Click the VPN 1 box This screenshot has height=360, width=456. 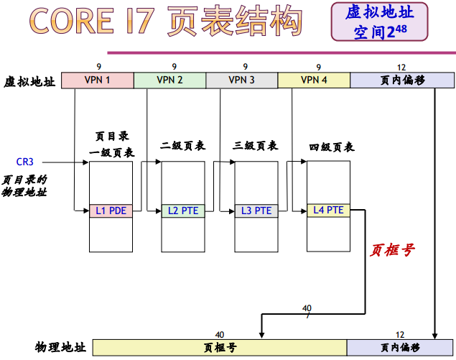[98, 80]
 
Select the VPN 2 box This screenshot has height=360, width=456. [169, 80]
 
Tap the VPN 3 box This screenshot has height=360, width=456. [241, 80]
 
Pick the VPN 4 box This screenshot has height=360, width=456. [314, 80]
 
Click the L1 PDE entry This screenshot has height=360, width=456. [111, 211]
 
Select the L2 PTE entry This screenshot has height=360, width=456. [183, 211]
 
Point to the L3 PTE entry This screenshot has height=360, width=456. [256, 211]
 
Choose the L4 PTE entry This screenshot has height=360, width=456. [329, 210]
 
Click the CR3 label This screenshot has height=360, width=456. [25, 162]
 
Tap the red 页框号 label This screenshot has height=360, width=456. [392, 250]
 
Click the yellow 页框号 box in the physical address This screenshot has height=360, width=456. [220, 348]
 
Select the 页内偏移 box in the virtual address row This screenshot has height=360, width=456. [402, 80]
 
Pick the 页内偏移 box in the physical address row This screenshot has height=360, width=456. [400, 348]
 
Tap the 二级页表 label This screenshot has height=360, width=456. [183, 146]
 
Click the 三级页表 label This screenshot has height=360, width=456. [256, 146]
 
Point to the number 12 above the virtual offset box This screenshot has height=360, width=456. [401, 66]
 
